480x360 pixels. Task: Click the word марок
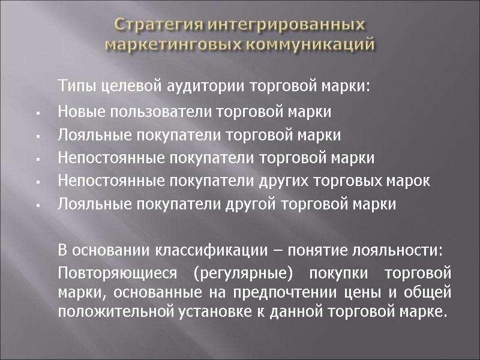[x=410, y=181]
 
